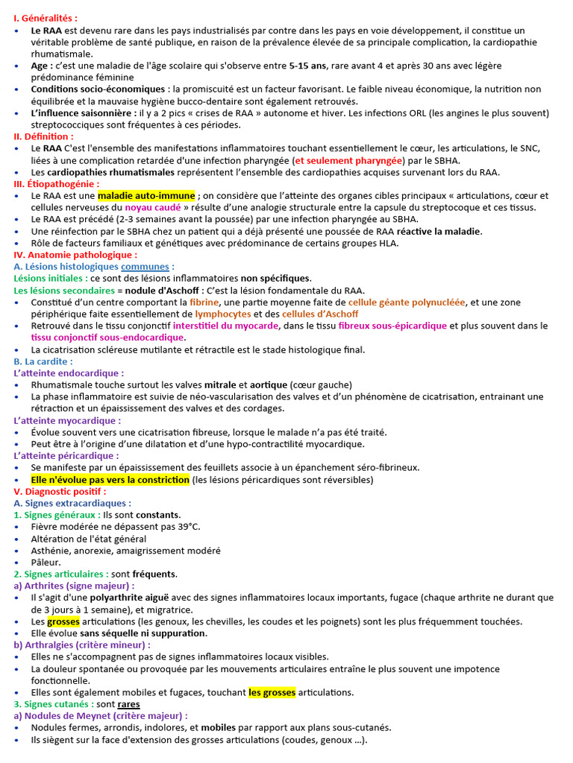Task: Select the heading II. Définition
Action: [43, 136]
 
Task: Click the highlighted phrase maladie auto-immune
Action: [146, 195]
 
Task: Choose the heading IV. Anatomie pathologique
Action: [75, 254]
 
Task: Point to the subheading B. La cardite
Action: [43, 361]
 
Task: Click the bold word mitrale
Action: [225, 384]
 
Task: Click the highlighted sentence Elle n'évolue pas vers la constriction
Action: [110, 480]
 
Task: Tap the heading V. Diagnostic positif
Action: [60, 492]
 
